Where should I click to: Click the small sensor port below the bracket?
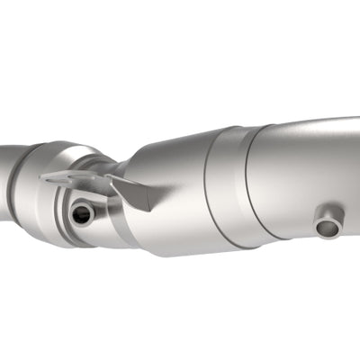coord(82,214)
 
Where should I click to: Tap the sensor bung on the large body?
coord(328,223)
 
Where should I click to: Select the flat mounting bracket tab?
coord(72,179)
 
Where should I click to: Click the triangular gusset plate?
coord(130,191)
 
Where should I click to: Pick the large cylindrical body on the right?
coord(306,175)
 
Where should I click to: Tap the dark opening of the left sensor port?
coord(82,214)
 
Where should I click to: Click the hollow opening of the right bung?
coord(329,228)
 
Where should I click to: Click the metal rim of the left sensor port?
coord(72,214)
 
